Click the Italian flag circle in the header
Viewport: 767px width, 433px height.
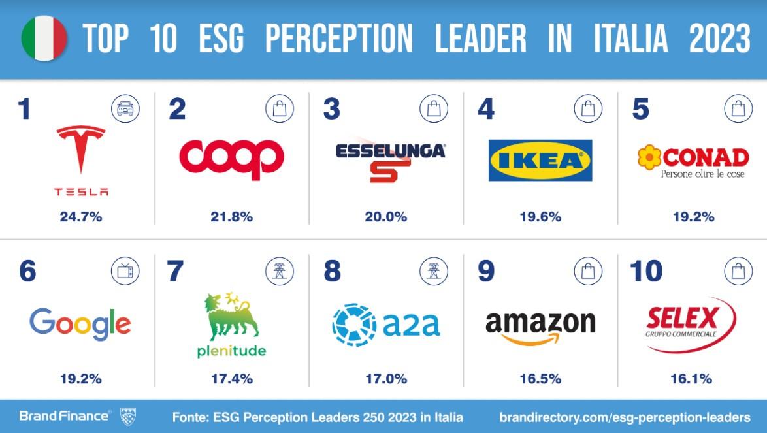pyautogui.click(x=44, y=39)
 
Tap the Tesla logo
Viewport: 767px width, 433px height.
pyautogui.click(x=81, y=159)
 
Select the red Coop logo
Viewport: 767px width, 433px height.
pyautogui.click(x=231, y=159)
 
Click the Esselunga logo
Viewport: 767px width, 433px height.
pyautogui.click(x=390, y=161)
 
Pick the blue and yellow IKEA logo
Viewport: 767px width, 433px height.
pyautogui.click(x=540, y=160)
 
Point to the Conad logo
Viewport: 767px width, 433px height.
pyautogui.click(x=693, y=162)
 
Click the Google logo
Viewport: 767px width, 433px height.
pyautogui.click(x=80, y=323)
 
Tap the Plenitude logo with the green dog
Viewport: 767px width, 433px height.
pyautogui.click(x=231, y=325)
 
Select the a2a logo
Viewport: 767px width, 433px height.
pyautogui.click(x=386, y=324)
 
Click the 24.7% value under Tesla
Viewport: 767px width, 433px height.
pyautogui.click(x=82, y=217)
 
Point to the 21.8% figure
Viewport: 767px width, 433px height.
pyautogui.click(x=231, y=217)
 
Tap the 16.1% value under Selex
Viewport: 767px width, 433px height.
pyautogui.click(x=691, y=379)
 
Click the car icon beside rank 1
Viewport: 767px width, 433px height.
pyautogui.click(x=125, y=109)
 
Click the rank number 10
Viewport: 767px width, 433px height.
pyautogui.click(x=646, y=272)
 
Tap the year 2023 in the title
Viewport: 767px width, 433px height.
pyautogui.click(x=719, y=39)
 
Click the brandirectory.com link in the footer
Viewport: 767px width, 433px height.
pyautogui.click(x=625, y=417)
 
